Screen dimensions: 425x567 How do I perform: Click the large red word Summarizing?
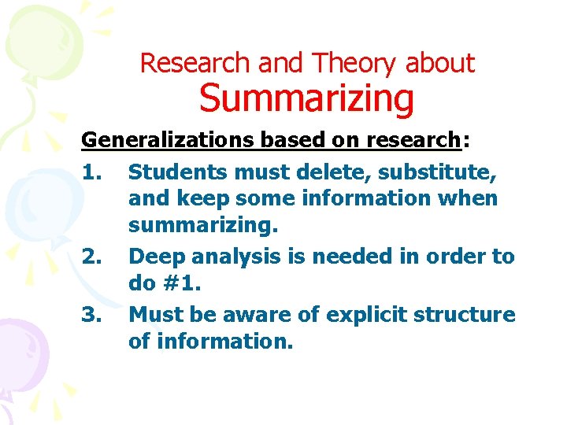(x=306, y=99)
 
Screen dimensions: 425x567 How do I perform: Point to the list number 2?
(x=92, y=257)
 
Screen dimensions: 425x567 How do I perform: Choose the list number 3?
(x=92, y=315)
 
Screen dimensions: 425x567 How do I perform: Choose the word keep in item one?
(x=195, y=199)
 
